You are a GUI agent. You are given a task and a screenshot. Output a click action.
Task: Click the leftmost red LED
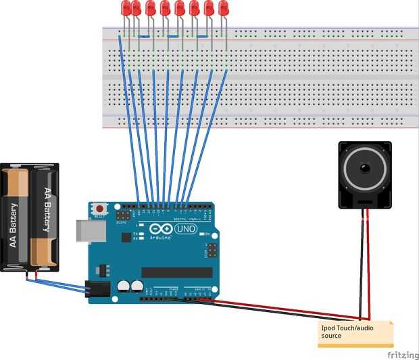126,8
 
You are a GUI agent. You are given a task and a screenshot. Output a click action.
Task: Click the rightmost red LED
223,8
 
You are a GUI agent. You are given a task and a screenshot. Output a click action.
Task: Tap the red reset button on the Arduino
100,208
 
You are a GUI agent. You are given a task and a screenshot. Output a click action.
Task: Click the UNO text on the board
184,230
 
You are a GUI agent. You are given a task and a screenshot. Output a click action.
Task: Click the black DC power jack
96,288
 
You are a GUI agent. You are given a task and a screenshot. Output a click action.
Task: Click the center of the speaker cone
365,167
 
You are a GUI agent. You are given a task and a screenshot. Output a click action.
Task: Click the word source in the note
331,336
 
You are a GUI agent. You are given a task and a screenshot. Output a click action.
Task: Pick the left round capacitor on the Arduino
124,286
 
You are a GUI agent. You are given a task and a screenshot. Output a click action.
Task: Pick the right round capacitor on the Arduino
137,286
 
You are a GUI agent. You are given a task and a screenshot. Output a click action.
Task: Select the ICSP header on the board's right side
212,251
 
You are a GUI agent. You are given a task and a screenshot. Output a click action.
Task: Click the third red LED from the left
151,8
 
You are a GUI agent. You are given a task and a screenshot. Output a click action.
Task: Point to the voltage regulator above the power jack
103,269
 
